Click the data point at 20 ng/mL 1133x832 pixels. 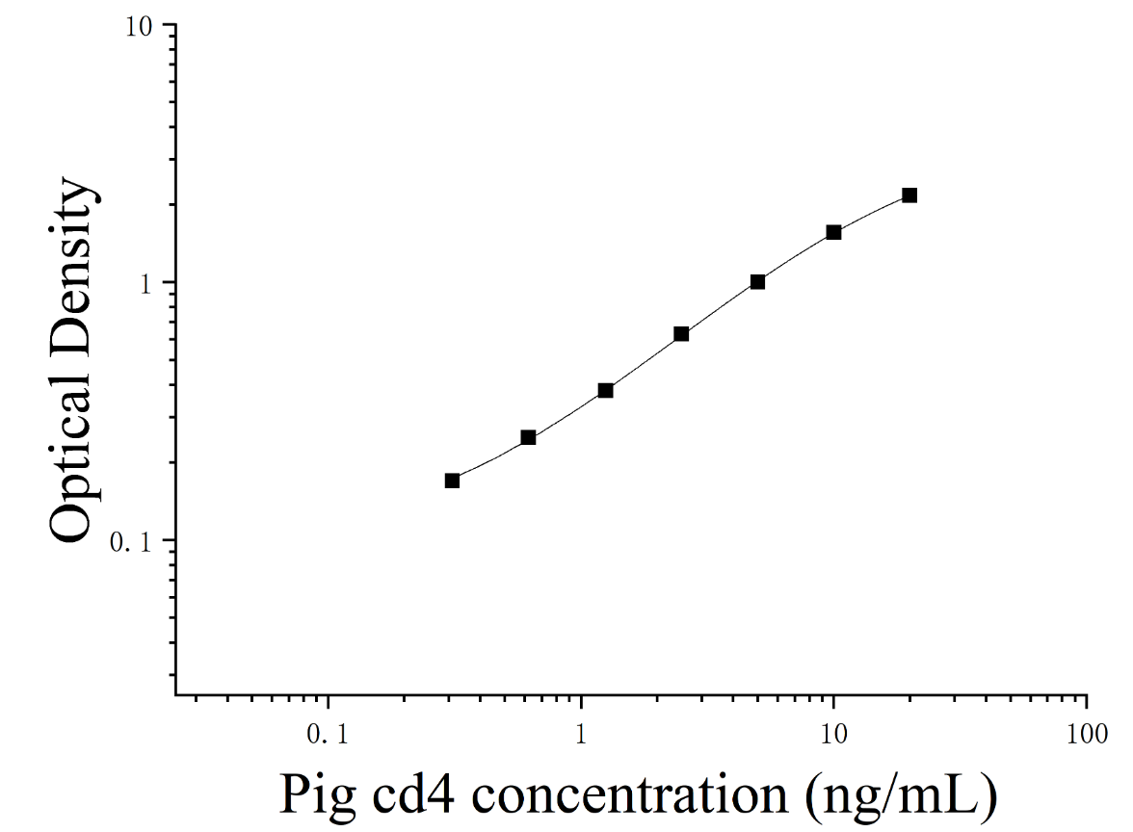point(909,195)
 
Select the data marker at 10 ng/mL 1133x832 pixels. point(834,232)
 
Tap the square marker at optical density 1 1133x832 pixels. point(757,281)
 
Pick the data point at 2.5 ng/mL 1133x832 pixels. point(681,333)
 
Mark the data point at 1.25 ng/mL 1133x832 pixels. point(605,391)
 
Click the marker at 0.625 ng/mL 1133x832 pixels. point(528,437)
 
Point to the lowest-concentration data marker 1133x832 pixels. point(453,481)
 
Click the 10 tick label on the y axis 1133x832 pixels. point(140,27)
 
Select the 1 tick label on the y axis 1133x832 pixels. point(146,285)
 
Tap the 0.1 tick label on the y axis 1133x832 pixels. point(131,541)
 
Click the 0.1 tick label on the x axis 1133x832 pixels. point(328,735)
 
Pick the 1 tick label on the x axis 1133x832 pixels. point(581,735)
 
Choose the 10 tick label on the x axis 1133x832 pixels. point(834,735)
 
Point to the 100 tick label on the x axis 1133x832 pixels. point(1087,735)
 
